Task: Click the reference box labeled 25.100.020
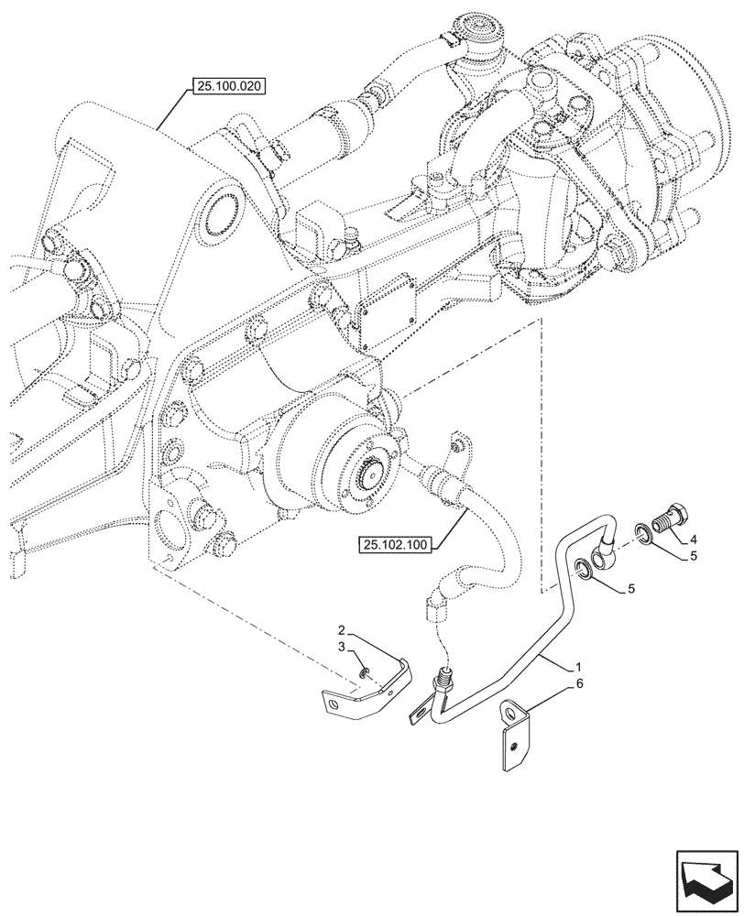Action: tap(226, 88)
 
